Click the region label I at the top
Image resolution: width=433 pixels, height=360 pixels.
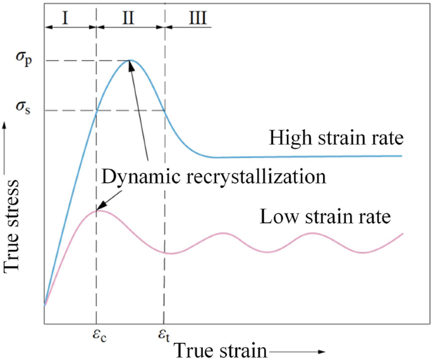pyautogui.click(x=65, y=18)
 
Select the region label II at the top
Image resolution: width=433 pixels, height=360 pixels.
pyautogui.click(x=128, y=18)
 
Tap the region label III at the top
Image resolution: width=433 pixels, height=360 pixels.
pyautogui.click(x=197, y=18)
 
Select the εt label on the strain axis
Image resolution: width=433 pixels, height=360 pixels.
pyautogui.click(x=164, y=335)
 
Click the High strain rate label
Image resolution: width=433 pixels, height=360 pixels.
pyautogui.click(x=335, y=137)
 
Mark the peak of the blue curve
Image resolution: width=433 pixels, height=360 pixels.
pyautogui.click(x=130, y=61)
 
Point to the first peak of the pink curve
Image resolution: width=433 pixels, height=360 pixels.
pyautogui.click(x=99, y=210)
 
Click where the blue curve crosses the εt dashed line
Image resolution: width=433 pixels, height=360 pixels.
pyautogui.click(x=164, y=111)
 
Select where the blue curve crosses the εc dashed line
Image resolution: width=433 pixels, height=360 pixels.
pyautogui.click(x=96, y=111)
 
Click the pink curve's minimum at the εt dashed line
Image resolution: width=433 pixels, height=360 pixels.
pyautogui.click(x=166, y=253)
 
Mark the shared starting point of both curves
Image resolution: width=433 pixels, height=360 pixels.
pyautogui.click(x=44, y=305)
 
